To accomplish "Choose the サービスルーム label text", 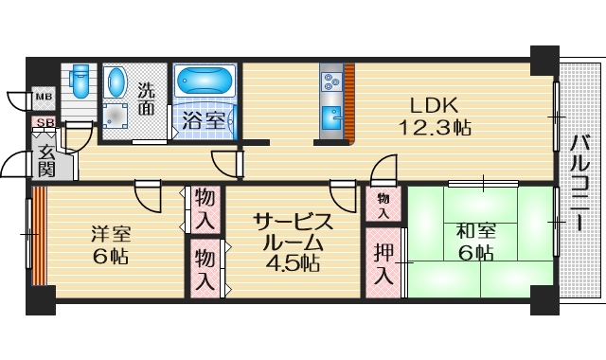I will point(294,231).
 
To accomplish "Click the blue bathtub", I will point(205,83).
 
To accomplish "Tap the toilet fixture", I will point(79,82).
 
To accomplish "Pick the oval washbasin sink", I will point(117,82).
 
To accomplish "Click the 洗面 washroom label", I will point(148,99).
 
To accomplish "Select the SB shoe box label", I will point(44,122).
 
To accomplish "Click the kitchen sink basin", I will point(330,119).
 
